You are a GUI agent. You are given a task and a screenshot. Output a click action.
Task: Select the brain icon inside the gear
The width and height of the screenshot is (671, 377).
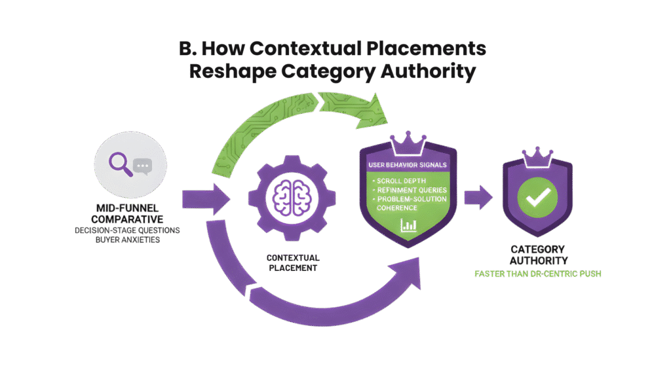[x=291, y=196]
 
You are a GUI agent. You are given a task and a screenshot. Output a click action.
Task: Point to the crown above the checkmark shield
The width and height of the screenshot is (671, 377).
[x=537, y=154]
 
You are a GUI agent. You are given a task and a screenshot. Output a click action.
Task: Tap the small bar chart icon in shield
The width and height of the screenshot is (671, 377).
[x=408, y=225]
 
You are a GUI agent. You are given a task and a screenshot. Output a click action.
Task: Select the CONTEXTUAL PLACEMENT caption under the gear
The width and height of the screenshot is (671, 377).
[x=292, y=262]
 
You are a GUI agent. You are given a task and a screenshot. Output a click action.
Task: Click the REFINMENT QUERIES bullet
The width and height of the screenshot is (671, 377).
[x=409, y=188]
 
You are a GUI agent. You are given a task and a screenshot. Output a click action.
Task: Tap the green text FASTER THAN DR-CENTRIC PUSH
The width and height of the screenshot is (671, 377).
[x=537, y=273]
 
